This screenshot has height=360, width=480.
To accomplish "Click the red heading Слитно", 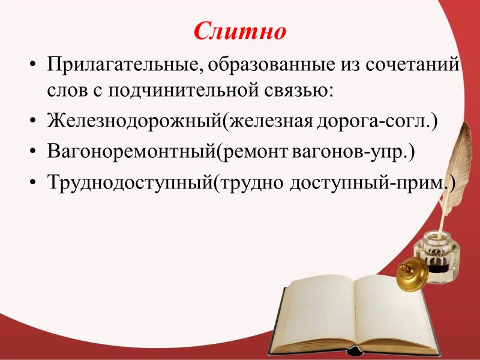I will [240, 32].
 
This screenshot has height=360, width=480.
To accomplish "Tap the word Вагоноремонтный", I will [133, 152].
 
